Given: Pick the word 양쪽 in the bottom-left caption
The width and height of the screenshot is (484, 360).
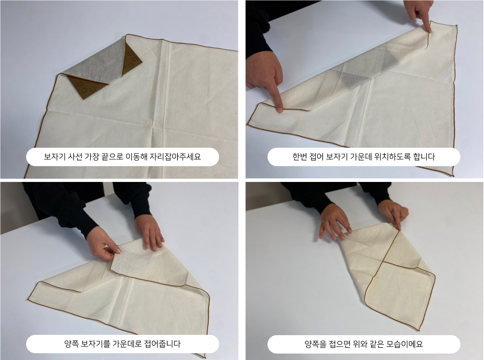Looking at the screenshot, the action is click(x=71, y=344).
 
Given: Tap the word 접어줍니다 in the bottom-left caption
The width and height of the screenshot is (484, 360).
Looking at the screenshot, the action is click(x=162, y=344).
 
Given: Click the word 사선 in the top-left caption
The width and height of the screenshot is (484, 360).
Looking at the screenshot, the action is click(x=75, y=157).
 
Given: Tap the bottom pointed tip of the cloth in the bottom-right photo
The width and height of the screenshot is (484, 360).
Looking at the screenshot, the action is click(x=419, y=330).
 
